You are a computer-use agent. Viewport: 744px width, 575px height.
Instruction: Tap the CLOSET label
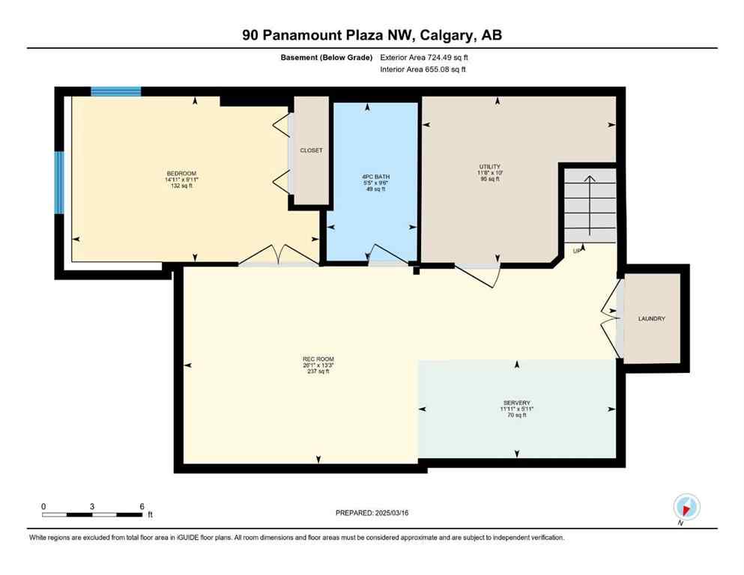311,150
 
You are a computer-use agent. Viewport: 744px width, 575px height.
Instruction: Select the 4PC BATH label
375,177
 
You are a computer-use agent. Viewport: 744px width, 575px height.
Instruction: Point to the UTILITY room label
489,166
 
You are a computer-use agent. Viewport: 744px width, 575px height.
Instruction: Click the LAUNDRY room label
652,319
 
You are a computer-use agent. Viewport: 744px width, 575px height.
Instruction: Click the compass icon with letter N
686,507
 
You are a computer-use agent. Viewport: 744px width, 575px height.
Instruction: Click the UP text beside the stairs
577,251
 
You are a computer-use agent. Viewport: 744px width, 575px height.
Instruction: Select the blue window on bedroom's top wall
116,91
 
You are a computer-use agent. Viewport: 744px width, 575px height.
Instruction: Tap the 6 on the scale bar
142,506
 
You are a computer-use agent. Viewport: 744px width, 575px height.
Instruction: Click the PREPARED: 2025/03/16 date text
372,513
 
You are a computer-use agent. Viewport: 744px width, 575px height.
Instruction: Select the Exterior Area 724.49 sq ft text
428,58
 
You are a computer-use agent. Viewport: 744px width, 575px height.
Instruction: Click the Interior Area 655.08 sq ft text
423,70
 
